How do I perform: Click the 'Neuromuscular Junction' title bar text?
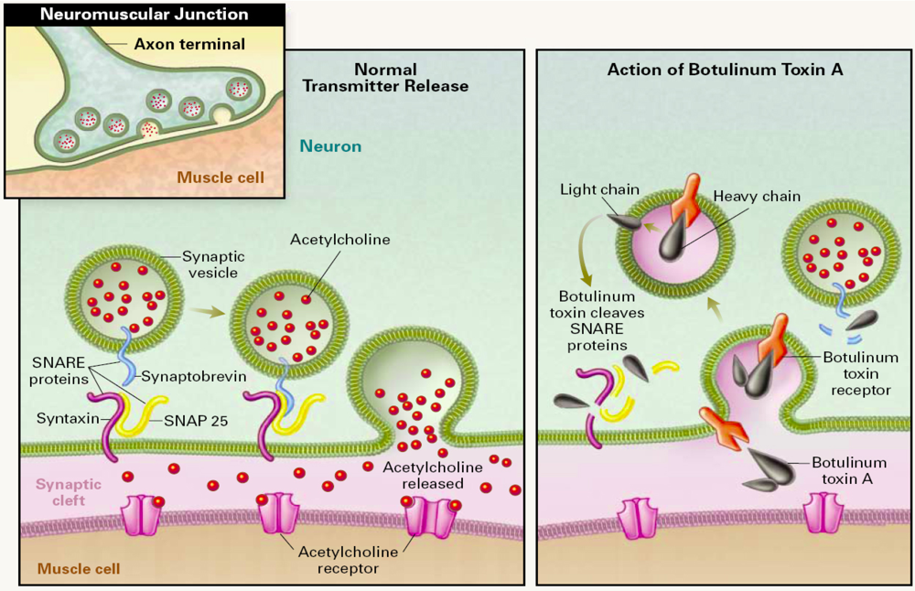tap(145, 15)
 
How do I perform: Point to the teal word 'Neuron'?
tap(330, 145)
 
